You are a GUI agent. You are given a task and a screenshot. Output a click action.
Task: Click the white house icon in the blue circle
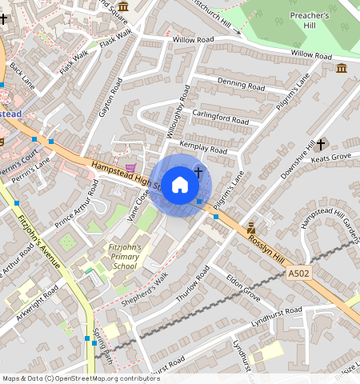click(x=180, y=185)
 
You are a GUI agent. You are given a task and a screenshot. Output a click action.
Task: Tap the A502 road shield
click(x=298, y=274)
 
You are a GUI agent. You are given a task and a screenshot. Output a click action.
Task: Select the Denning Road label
click(x=241, y=85)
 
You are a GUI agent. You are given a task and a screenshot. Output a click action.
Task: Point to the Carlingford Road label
click(x=220, y=118)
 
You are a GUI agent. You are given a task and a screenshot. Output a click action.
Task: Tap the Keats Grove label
click(x=330, y=157)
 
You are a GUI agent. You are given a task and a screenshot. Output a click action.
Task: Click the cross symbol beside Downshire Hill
click(x=321, y=144)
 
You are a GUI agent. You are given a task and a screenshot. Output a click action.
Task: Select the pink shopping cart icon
click(x=130, y=158)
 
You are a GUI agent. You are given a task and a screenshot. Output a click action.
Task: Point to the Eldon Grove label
click(x=243, y=287)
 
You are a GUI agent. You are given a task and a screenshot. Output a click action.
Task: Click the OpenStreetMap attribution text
click(x=81, y=378)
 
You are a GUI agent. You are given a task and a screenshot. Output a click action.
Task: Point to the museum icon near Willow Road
click(x=342, y=68)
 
